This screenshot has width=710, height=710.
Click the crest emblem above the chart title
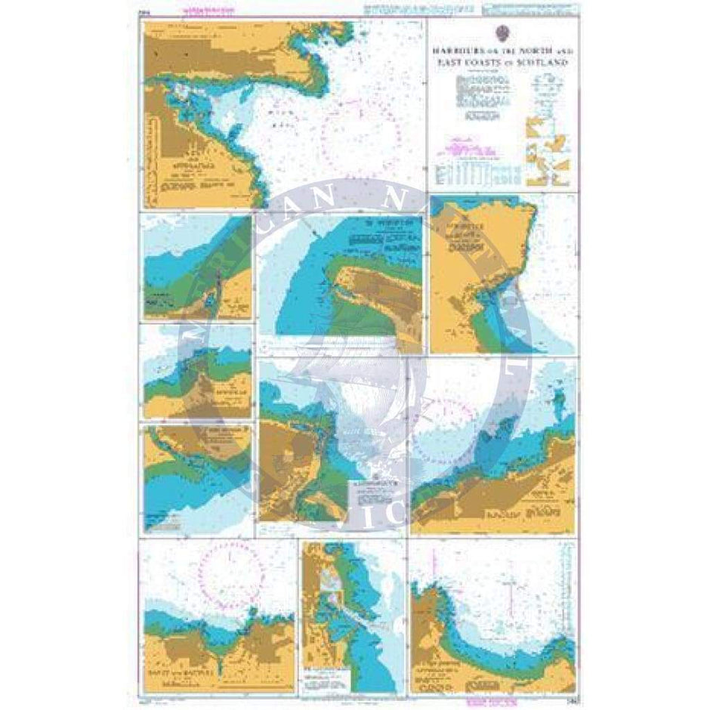tap(502, 34)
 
